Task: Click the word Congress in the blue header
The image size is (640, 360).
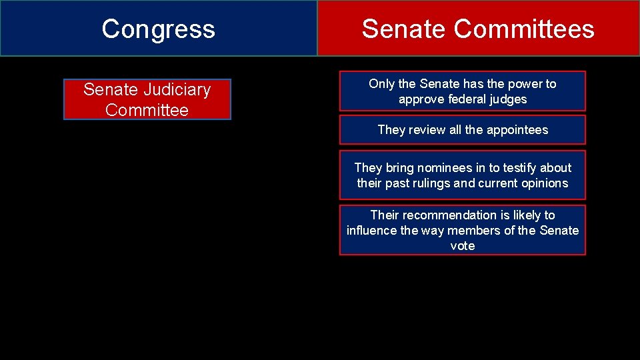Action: pyautogui.click(x=158, y=29)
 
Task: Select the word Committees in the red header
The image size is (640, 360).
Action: pyautogui.click(x=524, y=29)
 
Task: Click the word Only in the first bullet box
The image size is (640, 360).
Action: pyautogui.click(x=381, y=84)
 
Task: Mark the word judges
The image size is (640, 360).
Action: pyautogui.click(x=509, y=99)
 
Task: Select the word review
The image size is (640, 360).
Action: pyautogui.click(x=425, y=130)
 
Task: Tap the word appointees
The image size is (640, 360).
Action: pyautogui.click(x=516, y=130)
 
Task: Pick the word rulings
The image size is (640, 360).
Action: pyautogui.click(x=431, y=183)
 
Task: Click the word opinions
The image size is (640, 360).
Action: pyautogui.click(x=545, y=183)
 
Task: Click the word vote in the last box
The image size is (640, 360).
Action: pyautogui.click(x=463, y=246)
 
